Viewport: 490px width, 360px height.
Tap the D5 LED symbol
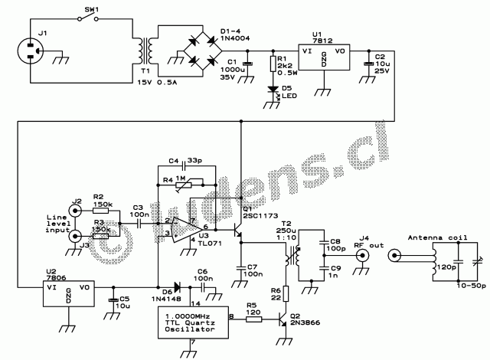point(273,90)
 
